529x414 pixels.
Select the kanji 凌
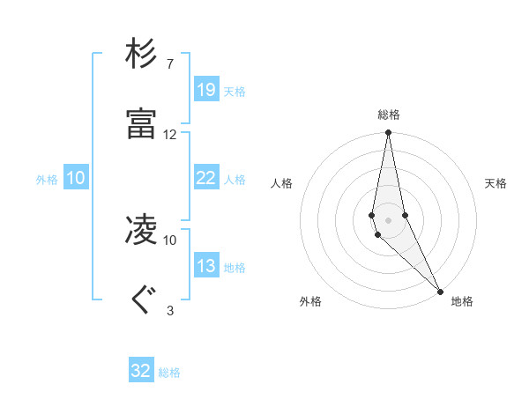tap(141, 230)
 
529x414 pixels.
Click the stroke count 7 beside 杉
tap(169, 64)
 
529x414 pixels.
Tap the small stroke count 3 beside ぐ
tap(169, 310)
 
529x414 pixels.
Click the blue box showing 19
tap(205, 90)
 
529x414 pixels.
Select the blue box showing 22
tap(205, 178)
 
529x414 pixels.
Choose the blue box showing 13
tap(205, 266)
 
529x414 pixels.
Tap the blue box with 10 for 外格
tap(75, 178)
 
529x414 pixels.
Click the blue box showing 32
tap(141, 371)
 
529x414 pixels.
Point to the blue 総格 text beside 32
tap(169, 373)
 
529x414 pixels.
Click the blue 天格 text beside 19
tap(235, 92)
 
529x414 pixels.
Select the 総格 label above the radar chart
tap(389, 115)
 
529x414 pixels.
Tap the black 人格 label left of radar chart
tap(282, 183)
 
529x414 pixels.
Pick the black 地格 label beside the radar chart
tap(462, 301)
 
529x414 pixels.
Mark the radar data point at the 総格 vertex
tap(389, 133)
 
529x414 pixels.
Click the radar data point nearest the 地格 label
tap(440, 292)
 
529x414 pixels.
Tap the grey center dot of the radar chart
tap(389, 219)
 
